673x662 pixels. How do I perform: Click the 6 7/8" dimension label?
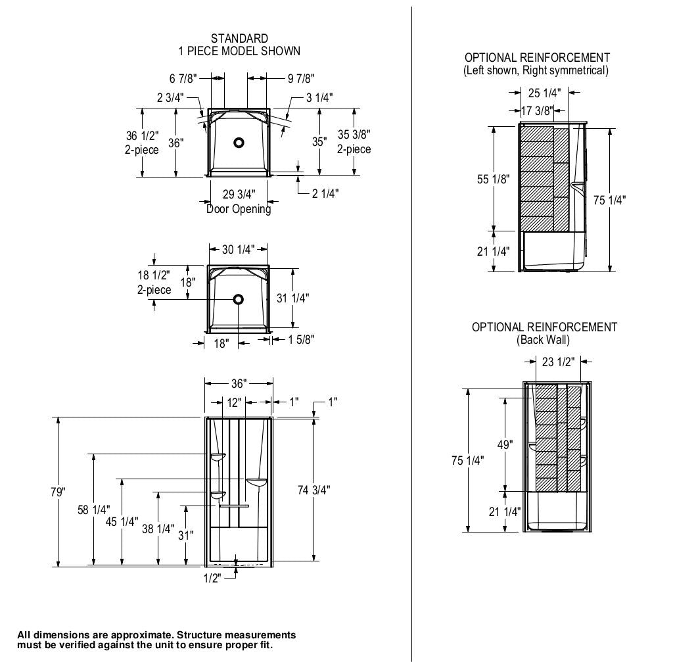(183, 79)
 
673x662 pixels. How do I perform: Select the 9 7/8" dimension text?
(300, 79)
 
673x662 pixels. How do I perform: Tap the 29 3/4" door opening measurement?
(239, 194)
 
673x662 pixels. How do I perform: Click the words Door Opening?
(239, 209)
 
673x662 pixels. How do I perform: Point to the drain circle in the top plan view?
(239, 141)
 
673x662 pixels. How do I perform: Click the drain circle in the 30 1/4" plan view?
(238, 299)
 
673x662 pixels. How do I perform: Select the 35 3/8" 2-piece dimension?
(354, 142)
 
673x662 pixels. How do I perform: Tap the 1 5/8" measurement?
(300, 339)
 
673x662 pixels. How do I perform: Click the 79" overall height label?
(58, 492)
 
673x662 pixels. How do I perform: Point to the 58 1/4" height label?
(94, 509)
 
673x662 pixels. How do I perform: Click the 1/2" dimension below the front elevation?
(212, 578)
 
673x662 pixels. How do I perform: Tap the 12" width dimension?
(235, 401)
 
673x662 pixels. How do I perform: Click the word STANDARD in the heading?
(239, 39)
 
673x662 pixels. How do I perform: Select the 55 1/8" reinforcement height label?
(493, 178)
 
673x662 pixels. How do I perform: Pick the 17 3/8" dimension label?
(537, 110)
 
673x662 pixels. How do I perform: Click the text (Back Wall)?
(544, 340)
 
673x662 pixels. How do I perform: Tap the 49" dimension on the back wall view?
(505, 444)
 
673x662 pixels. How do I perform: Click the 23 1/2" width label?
(558, 361)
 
